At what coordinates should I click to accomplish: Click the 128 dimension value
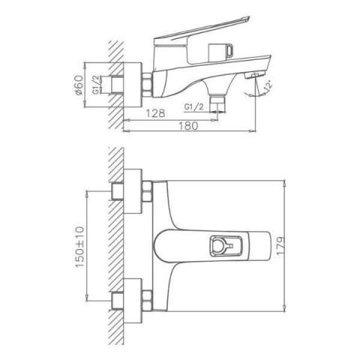point(155,113)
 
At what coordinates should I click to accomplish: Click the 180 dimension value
point(188,126)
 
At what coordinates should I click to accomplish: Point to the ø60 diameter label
point(79,85)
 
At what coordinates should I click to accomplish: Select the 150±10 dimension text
point(80,247)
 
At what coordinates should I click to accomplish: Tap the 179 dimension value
point(280,245)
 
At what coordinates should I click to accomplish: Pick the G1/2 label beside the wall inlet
point(96,85)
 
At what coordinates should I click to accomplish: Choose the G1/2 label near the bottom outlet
point(194,106)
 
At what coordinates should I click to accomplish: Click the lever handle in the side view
point(202,32)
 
